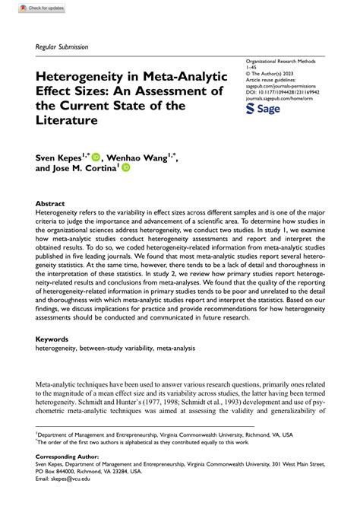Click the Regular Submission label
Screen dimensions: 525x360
click(x=62, y=46)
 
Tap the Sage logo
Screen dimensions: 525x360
click(x=264, y=110)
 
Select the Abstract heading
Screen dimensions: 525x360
click(x=50, y=204)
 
